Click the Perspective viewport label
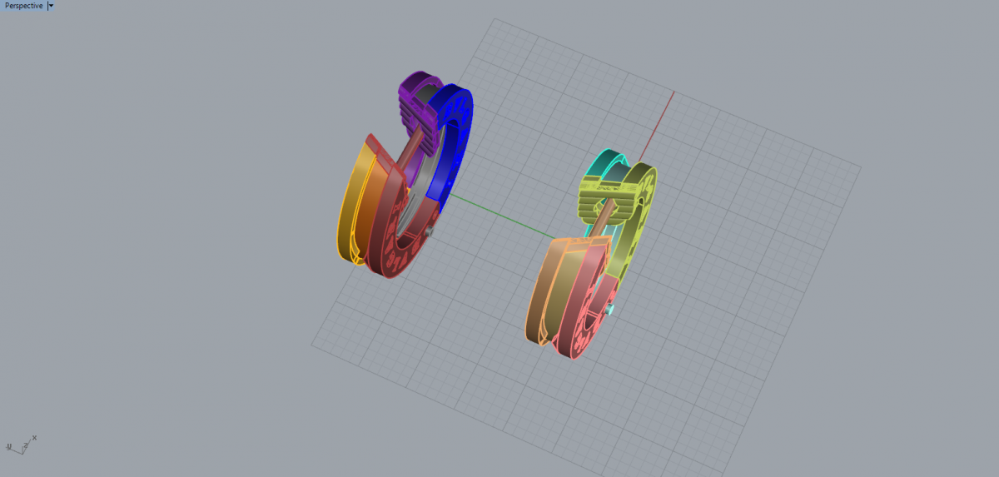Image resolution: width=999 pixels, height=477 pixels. pos(23,6)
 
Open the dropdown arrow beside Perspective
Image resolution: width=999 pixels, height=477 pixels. pos(51,6)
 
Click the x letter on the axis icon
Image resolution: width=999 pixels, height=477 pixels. pos(34,438)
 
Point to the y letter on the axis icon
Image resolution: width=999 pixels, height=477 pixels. pos(8,446)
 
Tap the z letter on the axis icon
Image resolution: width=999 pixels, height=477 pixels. pos(26,445)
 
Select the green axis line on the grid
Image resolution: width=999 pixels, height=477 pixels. pos(502,216)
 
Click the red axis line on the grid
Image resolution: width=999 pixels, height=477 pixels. pos(657,127)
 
